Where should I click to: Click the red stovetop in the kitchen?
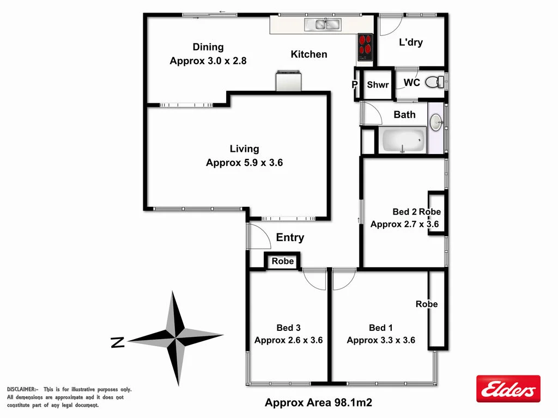click(x=365, y=47)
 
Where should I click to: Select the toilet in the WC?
click(x=434, y=82)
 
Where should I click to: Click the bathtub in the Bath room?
click(x=403, y=140)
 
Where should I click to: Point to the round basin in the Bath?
click(x=436, y=122)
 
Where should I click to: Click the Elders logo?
click(x=508, y=389)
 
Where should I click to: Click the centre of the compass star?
click(x=175, y=338)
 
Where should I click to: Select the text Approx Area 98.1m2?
click(x=318, y=403)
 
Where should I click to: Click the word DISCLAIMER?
click(x=22, y=390)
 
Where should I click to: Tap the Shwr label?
click(x=378, y=85)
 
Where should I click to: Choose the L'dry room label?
click(x=411, y=42)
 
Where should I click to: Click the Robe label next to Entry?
click(x=283, y=261)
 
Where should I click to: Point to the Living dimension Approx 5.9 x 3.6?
click(x=244, y=163)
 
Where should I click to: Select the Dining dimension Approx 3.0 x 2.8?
click(x=208, y=61)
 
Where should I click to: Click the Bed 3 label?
click(x=288, y=328)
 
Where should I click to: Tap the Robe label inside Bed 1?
click(x=427, y=304)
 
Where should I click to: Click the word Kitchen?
click(x=309, y=54)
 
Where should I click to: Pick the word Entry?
click(x=290, y=237)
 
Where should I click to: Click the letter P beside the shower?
click(x=355, y=85)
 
